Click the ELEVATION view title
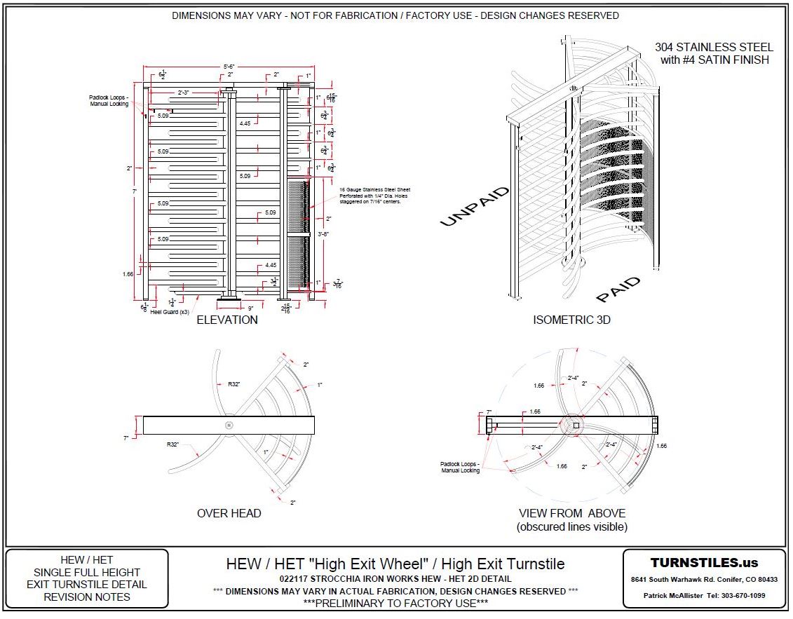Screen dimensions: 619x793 click(x=226, y=320)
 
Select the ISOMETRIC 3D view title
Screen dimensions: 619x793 click(x=571, y=320)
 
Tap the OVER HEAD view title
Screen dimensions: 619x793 click(x=229, y=513)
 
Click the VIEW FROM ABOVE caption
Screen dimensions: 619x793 click(x=571, y=513)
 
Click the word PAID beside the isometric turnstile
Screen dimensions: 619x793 click(x=618, y=290)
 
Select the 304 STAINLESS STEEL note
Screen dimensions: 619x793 click(x=714, y=48)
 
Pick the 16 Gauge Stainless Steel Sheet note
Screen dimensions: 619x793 click(x=374, y=190)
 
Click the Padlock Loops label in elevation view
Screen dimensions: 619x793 click(x=106, y=100)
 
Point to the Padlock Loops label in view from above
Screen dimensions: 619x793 click(x=460, y=467)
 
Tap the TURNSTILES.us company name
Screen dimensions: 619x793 click(x=704, y=563)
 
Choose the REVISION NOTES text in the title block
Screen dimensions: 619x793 click(x=87, y=597)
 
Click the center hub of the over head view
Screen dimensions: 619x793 click(x=229, y=425)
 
